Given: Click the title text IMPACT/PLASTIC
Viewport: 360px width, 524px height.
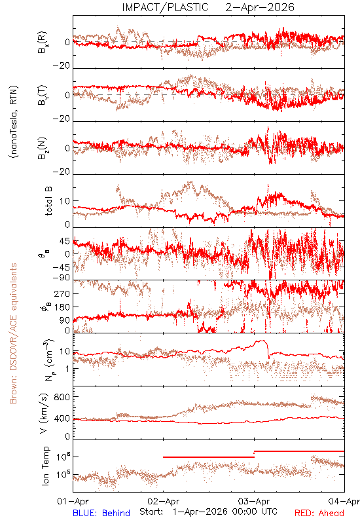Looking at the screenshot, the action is (165, 7).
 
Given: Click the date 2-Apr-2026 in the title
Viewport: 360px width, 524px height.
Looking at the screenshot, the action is (259, 7).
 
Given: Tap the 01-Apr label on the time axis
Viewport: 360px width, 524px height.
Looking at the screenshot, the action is (73, 501).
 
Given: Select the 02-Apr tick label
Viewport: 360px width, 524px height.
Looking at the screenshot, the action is (164, 501).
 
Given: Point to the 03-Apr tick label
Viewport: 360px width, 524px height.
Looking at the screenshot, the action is (254, 501).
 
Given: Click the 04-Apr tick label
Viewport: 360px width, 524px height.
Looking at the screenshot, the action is (344, 501).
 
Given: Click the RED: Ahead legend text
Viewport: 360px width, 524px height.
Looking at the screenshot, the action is (319, 513).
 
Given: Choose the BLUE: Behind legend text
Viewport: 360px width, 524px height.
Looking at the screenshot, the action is (101, 513).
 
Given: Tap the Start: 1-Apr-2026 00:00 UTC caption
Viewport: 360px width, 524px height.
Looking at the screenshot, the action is (208, 512).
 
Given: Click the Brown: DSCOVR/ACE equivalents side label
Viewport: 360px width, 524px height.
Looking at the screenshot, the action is (13, 333).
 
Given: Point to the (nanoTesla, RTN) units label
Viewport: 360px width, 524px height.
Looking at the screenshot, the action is (14, 121).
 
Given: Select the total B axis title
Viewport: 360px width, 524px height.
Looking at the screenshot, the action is (48, 200).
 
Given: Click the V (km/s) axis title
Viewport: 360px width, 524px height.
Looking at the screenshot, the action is (44, 413).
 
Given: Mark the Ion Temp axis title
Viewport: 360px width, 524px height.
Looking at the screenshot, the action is (45, 466).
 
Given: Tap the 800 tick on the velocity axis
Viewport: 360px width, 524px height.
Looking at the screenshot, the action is (62, 397).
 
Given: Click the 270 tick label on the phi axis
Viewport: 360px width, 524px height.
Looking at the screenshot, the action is (62, 293).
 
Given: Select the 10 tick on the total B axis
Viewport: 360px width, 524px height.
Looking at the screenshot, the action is (65, 201).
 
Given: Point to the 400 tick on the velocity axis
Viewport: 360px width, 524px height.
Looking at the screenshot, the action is (62, 419).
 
